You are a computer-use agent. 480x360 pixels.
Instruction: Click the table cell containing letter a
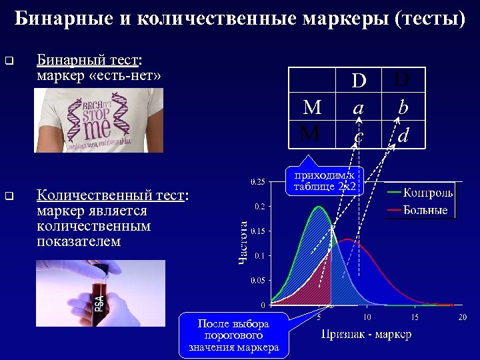click(359, 107)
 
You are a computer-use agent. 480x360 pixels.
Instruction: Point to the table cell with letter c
click(359, 137)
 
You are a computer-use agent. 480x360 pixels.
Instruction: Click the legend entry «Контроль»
click(427, 193)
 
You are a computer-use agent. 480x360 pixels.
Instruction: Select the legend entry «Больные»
click(425, 211)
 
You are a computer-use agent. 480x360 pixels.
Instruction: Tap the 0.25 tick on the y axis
click(257, 181)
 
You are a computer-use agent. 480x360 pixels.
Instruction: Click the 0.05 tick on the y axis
click(257, 281)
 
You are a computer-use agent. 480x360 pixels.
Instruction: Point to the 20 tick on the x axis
click(461, 317)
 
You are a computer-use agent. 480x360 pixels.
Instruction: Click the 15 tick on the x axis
click(414, 317)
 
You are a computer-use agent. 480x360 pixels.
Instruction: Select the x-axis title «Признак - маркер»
click(366, 334)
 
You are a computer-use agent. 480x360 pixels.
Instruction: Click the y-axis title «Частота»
click(244, 241)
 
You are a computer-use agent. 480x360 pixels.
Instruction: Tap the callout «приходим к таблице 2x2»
click(325, 181)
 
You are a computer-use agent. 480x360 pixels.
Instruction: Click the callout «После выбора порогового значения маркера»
click(233, 335)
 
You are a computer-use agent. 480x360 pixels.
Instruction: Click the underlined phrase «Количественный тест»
click(109, 195)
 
